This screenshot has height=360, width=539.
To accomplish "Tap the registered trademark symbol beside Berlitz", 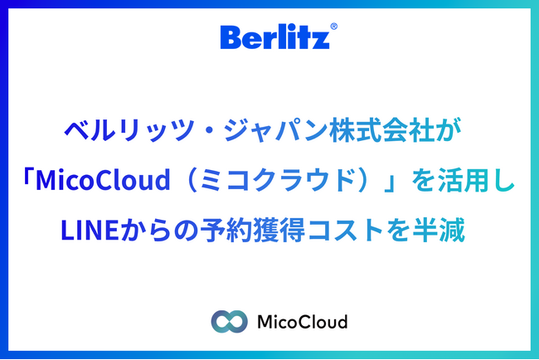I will click(333, 27).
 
